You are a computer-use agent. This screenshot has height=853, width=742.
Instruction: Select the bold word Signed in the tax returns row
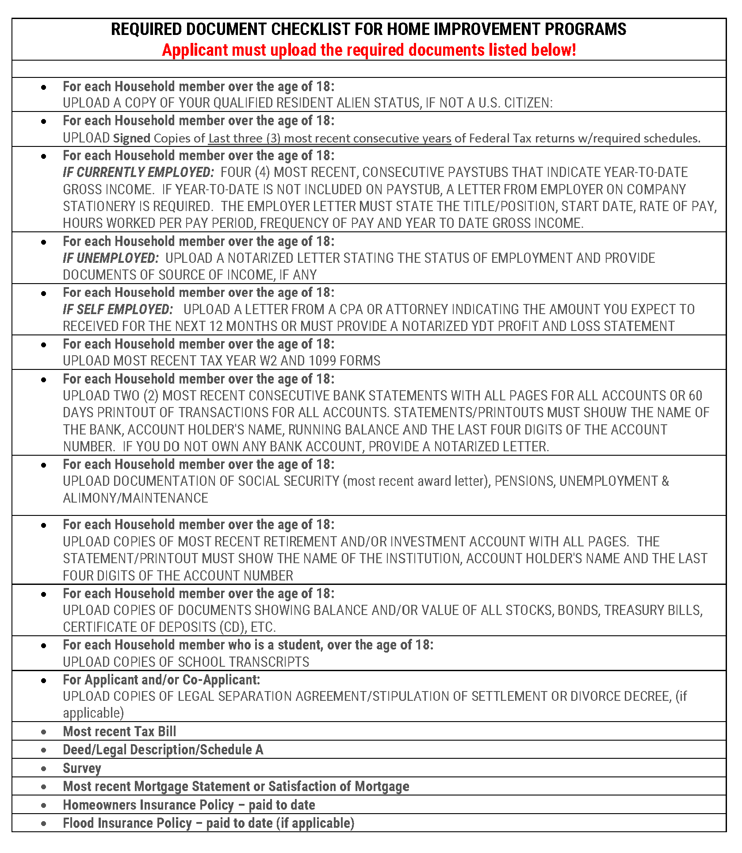131,138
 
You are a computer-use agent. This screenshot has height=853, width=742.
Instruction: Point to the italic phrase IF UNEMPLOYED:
111,258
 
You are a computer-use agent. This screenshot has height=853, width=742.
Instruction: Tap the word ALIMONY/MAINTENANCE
135,498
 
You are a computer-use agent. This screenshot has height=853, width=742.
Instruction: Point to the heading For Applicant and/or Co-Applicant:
161,680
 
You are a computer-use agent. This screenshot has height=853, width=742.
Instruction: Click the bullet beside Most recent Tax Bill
43,732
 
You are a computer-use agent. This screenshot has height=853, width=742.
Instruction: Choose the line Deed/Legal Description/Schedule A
163,750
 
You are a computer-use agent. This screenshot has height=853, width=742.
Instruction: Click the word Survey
82,768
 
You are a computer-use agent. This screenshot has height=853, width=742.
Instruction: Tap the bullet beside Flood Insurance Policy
43,823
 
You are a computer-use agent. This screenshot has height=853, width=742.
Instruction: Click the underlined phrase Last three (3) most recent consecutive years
329,138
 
